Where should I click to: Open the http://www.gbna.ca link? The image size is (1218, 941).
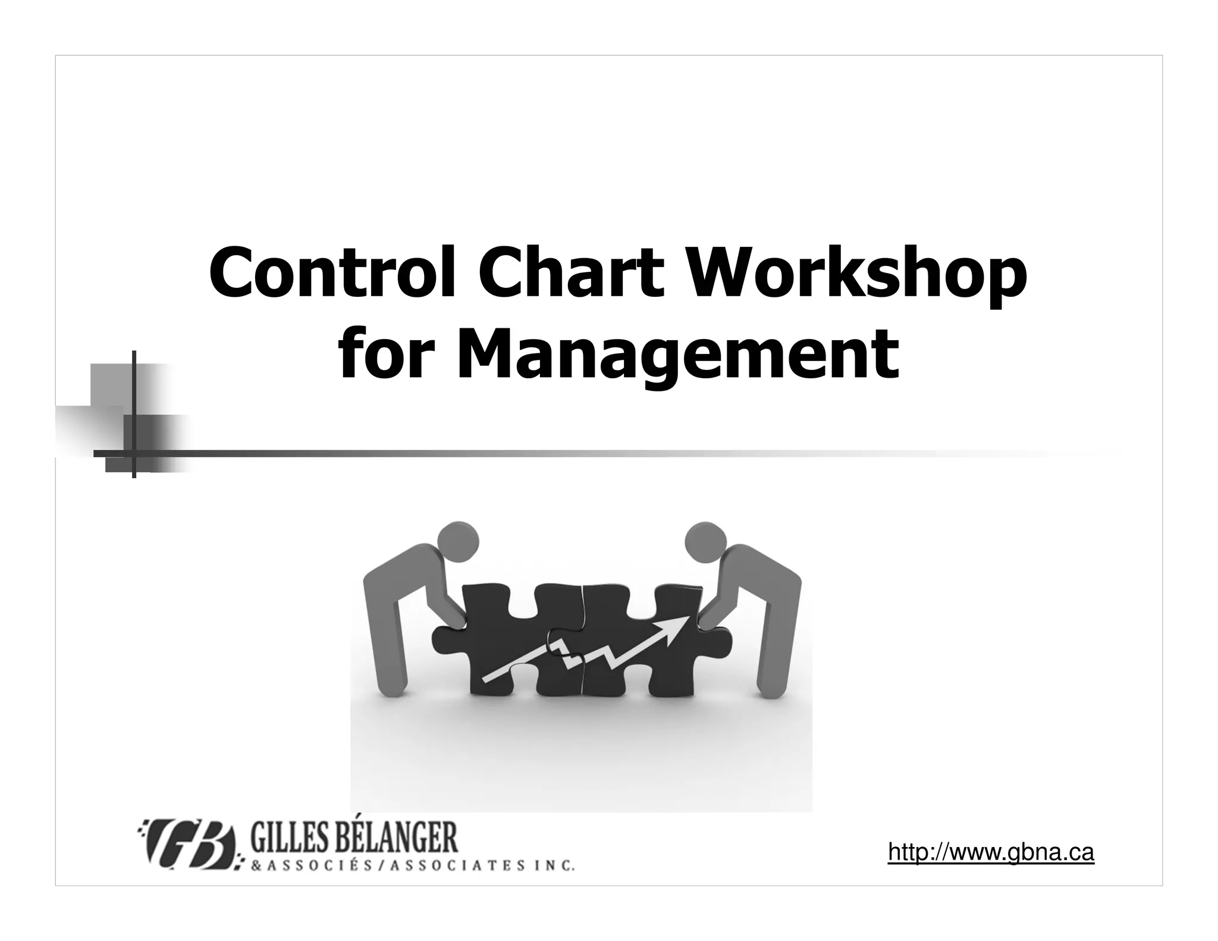pyautogui.click(x=991, y=852)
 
